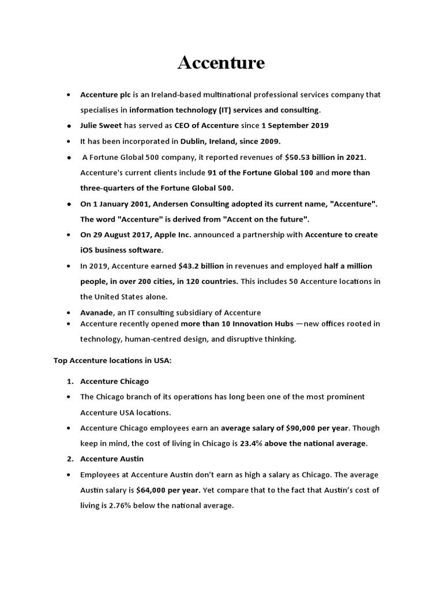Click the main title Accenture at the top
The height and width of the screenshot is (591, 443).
(x=221, y=63)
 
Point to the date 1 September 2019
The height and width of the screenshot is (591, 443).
(x=295, y=125)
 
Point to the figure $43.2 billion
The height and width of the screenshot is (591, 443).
(x=201, y=266)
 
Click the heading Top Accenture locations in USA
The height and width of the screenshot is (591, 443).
(x=112, y=360)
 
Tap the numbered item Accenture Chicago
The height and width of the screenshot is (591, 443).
(x=114, y=381)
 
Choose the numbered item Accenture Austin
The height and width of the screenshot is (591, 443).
(x=111, y=459)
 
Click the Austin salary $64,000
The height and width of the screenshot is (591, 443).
(x=155, y=490)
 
